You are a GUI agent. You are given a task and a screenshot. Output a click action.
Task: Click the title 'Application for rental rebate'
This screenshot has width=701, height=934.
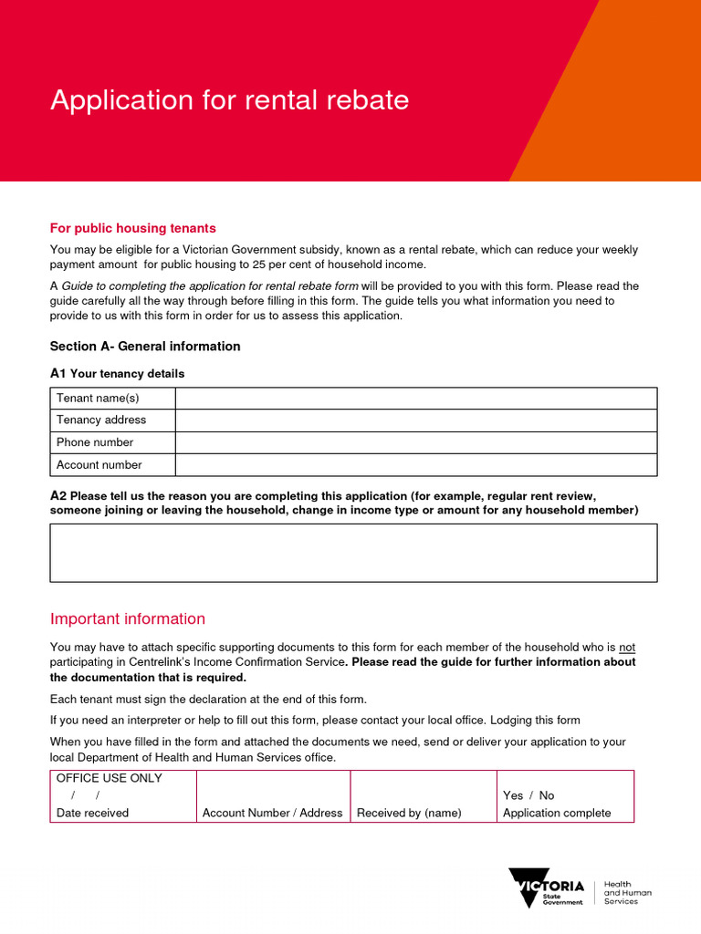click(x=229, y=99)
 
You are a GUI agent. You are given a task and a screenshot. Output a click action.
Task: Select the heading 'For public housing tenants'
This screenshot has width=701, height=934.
click(x=132, y=228)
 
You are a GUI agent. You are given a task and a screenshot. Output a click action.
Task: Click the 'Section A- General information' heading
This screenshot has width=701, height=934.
click(x=145, y=346)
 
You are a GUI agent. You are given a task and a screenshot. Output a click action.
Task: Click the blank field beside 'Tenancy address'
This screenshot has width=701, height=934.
click(x=415, y=420)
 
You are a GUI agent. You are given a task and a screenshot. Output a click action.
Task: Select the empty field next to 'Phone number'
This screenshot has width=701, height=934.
click(x=415, y=442)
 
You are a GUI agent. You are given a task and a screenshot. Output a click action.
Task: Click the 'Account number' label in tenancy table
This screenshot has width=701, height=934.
click(x=99, y=465)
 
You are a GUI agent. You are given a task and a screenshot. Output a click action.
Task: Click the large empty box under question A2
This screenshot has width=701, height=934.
click(x=353, y=553)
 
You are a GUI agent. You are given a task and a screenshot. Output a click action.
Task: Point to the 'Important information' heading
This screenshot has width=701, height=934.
click(x=128, y=618)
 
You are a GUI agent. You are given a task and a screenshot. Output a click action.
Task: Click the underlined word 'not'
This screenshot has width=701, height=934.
click(x=626, y=648)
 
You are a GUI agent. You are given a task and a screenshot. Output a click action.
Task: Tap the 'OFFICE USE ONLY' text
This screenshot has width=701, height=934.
click(x=109, y=778)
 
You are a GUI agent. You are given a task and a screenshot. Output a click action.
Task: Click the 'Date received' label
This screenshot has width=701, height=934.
click(x=92, y=813)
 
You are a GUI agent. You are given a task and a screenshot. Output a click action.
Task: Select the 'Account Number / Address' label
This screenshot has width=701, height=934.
click(x=272, y=813)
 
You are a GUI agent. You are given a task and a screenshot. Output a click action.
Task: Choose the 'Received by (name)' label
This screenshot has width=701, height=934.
click(x=409, y=813)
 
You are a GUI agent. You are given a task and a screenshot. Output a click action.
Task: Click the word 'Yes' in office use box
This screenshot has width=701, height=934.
click(x=513, y=795)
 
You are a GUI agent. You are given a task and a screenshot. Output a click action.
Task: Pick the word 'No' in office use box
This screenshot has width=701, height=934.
click(x=546, y=795)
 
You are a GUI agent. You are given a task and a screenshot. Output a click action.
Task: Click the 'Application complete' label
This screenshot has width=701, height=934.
click(x=556, y=813)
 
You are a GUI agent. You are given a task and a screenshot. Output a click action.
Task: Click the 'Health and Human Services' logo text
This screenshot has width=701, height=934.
click(x=628, y=893)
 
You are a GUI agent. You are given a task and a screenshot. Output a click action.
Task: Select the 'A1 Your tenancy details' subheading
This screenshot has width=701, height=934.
click(x=117, y=373)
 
